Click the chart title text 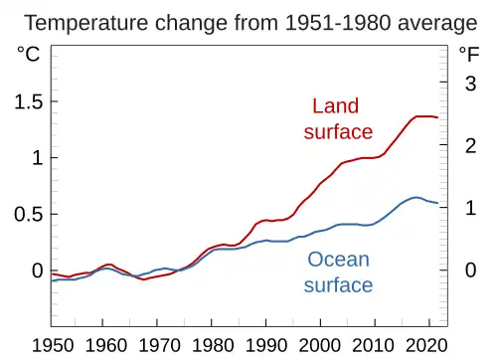pyautogui.click(x=249, y=22)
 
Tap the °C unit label pyautogui.click(x=28, y=56)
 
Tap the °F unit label pyautogui.click(x=468, y=56)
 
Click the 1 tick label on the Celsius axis pyautogui.click(x=36, y=158)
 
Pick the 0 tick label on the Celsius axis pyautogui.click(x=36, y=270)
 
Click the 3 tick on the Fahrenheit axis pyautogui.click(x=470, y=85)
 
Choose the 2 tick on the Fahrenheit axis pyautogui.click(x=470, y=146)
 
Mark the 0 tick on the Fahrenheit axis pyautogui.click(x=470, y=270)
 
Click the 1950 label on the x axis pyautogui.click(x=52, y=345)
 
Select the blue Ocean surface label pyautogui.click(x=338, y=272)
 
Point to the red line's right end pyautogui.click(x=437, y=118)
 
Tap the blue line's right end pyautogui.click(x=437, y=204)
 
